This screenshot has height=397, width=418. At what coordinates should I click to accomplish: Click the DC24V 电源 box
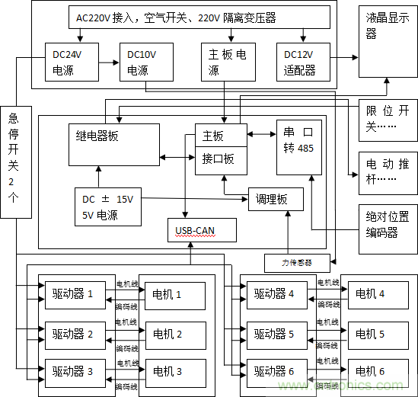point(70,62)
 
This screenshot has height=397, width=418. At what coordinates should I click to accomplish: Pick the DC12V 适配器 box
point(303,62)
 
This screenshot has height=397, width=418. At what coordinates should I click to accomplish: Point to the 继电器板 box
point(113,142)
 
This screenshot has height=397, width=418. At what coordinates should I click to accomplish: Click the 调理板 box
point(275,199)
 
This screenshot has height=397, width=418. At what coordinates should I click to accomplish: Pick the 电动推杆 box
point(388,172)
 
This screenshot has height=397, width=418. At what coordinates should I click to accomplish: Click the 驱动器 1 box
point(80,294)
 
